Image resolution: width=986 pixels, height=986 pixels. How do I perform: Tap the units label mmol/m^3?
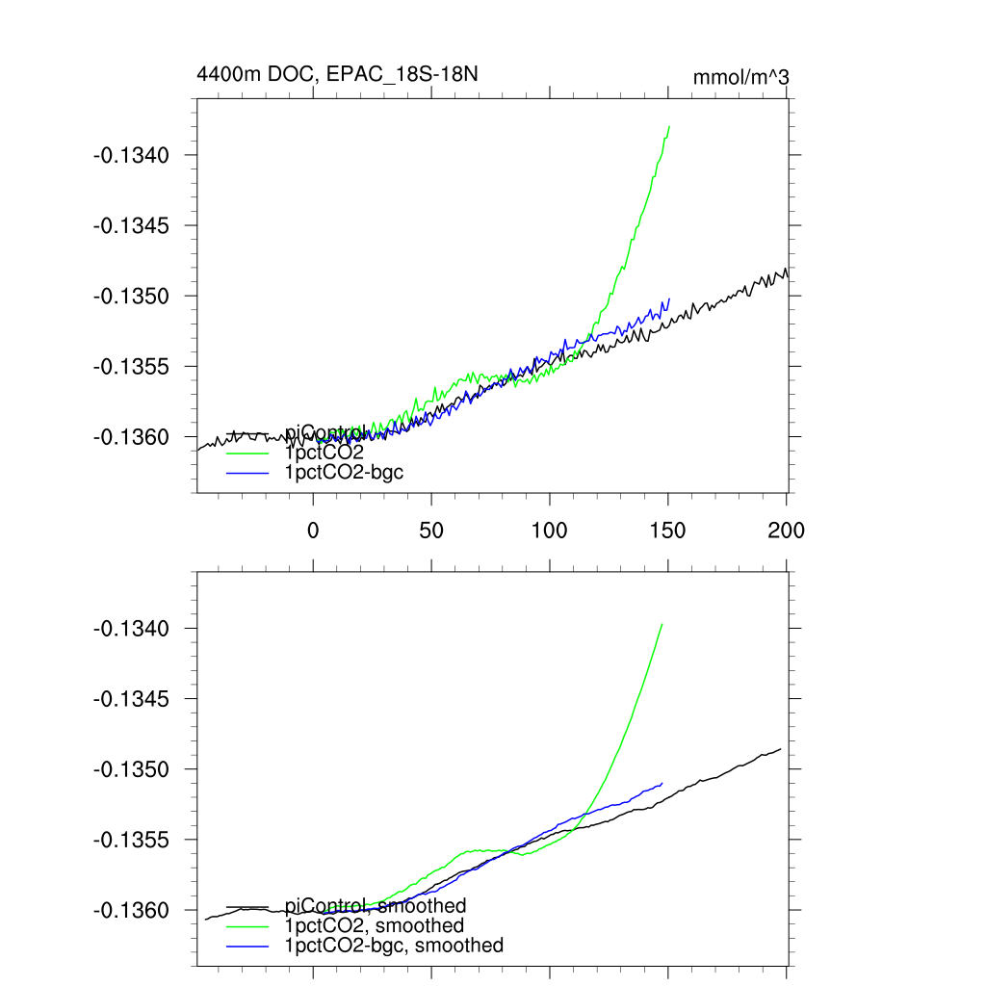741,77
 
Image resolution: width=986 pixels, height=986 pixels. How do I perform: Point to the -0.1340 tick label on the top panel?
131,155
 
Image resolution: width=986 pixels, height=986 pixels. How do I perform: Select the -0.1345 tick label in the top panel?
131,225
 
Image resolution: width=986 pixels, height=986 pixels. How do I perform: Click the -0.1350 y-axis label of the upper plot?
131,296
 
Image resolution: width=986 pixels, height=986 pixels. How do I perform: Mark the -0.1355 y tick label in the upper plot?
131,366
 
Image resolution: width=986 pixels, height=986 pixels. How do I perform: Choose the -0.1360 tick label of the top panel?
131,436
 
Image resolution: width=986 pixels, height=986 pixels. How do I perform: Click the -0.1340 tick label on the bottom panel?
131,629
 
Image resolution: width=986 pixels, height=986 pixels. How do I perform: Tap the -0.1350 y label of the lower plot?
131,769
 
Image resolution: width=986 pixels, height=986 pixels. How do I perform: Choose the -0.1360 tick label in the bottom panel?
131,910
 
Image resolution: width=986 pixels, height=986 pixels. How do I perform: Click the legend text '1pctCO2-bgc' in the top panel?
344,472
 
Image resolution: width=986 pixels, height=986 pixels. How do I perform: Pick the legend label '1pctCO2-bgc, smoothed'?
394,946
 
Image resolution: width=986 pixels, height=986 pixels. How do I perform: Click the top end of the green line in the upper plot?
668,126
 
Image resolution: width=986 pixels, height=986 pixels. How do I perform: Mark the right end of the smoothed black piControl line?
780,748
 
